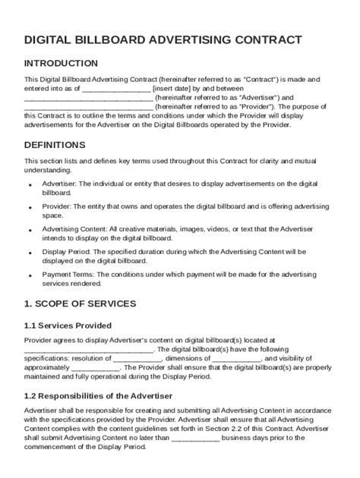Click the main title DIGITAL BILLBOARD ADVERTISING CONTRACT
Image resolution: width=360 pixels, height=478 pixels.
(163, 39)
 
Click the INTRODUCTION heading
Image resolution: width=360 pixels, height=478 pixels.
(61, 64)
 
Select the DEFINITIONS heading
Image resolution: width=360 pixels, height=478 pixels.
(55, 145)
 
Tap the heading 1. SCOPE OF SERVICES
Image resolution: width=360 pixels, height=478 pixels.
(81, 303)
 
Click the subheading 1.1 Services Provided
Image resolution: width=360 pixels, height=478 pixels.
(69, 325)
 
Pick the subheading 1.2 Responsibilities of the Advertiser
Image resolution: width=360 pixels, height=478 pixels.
(99, 396)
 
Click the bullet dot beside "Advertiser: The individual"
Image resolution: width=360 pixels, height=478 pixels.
(30, 185)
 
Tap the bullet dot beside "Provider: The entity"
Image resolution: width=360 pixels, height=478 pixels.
(30, 206)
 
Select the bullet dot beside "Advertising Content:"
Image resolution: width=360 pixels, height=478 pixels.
(30, 229)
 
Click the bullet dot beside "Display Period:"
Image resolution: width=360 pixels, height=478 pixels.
(30, 251)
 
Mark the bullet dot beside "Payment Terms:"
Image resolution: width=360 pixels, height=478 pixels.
(30, 273)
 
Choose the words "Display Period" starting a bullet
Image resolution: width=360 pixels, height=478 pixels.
(66, 250)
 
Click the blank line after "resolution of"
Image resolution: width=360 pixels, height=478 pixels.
(137, 359)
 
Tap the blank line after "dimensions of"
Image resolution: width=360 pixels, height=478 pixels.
(233, 359)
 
